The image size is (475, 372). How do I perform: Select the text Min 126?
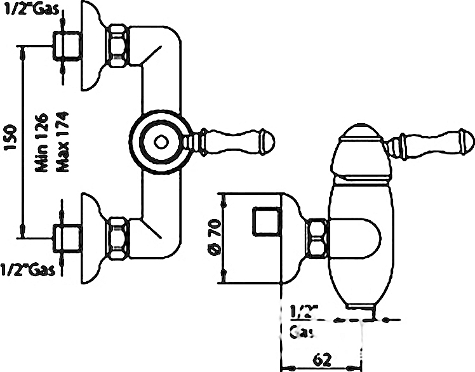pos(42,143)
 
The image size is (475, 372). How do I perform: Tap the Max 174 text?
pos(63,142)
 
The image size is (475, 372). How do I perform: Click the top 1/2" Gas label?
pos(32,9)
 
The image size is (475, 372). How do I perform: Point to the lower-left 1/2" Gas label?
pos(28,269)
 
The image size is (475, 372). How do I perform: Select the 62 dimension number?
pos(321,359)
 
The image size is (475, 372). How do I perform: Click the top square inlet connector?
pos(67,46)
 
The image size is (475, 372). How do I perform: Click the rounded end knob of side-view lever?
pos(467,142)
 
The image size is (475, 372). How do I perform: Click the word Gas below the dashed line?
pos(301,332)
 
